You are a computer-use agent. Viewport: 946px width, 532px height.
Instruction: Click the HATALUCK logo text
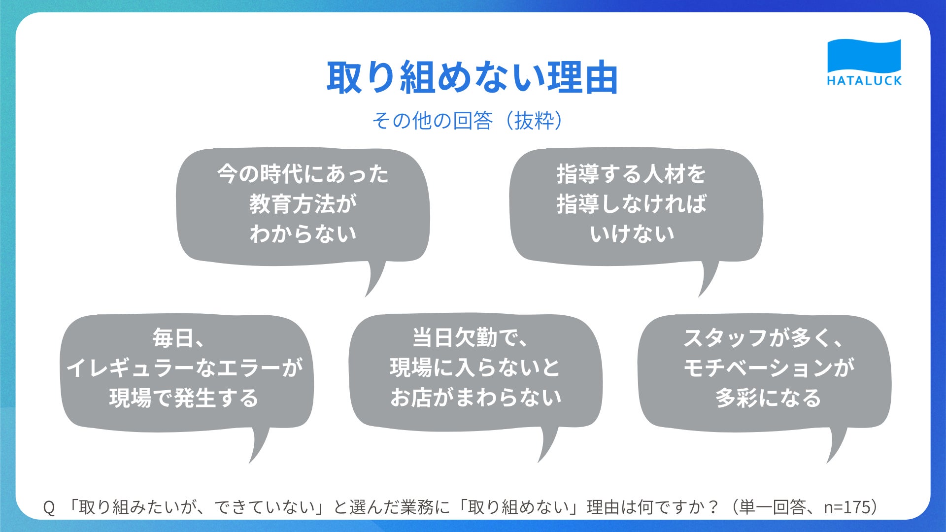[x=864, y=81]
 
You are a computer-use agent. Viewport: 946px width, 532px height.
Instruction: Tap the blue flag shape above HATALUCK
[x=864, y=56]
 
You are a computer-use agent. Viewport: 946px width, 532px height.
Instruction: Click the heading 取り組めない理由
[x=473, y=77]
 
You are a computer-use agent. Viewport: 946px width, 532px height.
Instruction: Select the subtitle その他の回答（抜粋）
[x=468, y=120]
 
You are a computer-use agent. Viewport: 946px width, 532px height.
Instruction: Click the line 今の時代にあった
[x=303, y=174]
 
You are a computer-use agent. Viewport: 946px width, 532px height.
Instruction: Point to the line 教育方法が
[x=303, y=204]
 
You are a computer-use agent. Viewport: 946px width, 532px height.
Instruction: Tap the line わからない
[x=303, y=233]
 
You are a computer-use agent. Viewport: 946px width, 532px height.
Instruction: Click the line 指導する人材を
[x=632, y=174]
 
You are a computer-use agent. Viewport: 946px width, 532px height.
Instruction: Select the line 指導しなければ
[x=632, y=204]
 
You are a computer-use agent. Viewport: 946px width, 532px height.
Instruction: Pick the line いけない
[x=632, y=233]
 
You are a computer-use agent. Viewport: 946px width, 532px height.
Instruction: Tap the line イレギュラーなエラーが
[x=184, y=368]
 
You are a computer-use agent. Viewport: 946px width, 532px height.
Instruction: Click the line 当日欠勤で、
[x=471, y=338]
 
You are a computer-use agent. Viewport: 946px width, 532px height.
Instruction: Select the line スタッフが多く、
[x=763, y=338]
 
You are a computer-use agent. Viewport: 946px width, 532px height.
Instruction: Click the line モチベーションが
[x=769, y=368]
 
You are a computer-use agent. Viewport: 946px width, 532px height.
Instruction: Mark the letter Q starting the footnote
[x=49, y=507]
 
